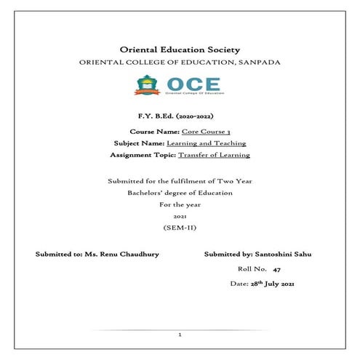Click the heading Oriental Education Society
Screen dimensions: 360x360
(x=178, y=49)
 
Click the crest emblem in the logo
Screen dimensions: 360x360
(x=145, y=85)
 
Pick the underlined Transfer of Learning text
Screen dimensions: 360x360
(x=214, y=155)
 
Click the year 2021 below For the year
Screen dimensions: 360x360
(x=180, y=217)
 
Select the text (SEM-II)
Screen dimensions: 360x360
(x=180, y=228)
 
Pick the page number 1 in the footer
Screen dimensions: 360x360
(x=180, y=335)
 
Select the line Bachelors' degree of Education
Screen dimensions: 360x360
(x=180, y=193)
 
